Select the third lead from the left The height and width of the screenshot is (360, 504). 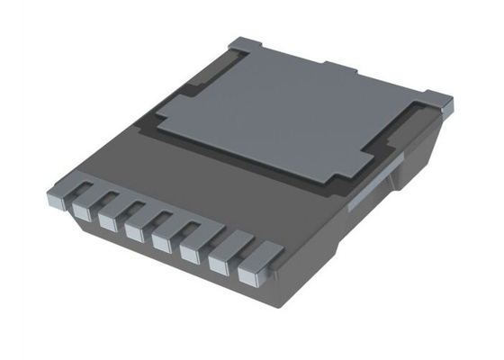coord(108,222)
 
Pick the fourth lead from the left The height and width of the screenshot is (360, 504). coord(135,233)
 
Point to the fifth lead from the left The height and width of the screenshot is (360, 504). coord(162,244)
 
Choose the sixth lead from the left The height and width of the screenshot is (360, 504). coord(190,256)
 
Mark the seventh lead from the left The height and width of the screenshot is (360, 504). coord(219,267)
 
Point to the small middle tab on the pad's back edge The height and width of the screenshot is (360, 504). coord(342,68)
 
